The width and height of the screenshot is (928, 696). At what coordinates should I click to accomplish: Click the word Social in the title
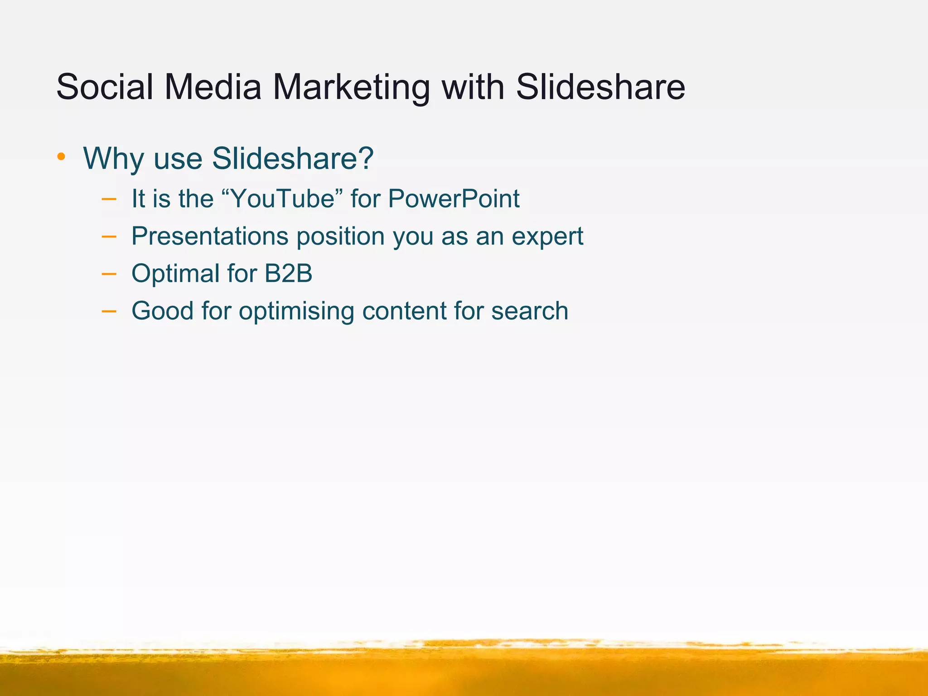pos(105,87)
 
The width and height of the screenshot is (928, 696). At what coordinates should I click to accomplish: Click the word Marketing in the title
pos(351,87)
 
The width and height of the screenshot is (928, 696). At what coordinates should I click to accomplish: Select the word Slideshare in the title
pos(600,87)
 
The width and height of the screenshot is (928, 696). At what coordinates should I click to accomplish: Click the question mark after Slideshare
pos(365,158)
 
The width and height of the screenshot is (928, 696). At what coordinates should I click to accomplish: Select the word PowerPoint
pos(454,198)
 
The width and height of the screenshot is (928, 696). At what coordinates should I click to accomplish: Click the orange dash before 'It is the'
pos(109,198)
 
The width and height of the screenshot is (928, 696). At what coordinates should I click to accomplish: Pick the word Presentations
pos(210,236)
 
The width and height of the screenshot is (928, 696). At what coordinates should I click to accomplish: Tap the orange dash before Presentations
pos(109,236)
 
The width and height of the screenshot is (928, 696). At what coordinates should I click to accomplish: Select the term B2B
pos(288,274)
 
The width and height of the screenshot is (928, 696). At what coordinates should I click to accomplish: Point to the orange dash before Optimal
pos(109,274)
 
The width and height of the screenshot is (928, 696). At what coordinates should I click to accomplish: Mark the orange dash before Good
pos(109,311)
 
